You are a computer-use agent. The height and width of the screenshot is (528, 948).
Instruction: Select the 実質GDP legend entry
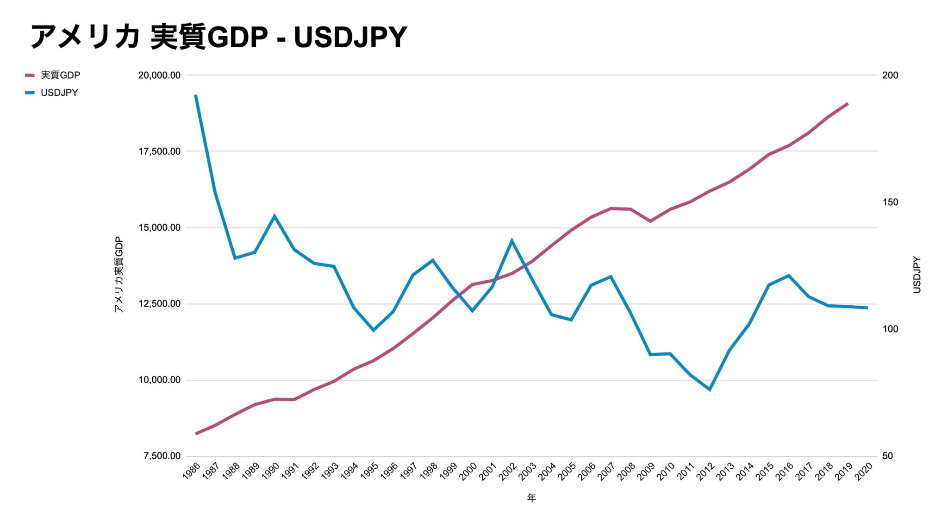[60, 75]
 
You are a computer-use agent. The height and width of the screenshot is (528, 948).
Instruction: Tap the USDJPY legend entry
[59, 93]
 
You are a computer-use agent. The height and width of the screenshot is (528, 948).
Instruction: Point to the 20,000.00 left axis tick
[159, 75]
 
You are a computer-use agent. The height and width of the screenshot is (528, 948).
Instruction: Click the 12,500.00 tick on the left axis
[159, 304]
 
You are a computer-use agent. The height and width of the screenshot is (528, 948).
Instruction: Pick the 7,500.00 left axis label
[162, 456]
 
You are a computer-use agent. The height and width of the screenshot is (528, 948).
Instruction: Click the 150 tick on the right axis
[890, 202]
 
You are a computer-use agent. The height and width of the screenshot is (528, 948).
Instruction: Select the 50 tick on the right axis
[887, 456]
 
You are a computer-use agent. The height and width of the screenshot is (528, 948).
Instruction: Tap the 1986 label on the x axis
[191, 471]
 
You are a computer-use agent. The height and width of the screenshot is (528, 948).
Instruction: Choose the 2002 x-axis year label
[507, 471]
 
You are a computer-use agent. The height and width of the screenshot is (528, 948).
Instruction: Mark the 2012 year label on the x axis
[705, 471]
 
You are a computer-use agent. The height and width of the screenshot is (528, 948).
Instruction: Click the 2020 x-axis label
[863, 471]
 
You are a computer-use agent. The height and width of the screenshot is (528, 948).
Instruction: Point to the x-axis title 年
[531, 498]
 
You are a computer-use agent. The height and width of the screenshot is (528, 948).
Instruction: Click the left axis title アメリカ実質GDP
[119, 274]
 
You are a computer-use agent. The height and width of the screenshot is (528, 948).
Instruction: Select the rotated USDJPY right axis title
[917, 274]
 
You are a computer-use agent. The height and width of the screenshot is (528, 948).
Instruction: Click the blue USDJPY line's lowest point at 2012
[710, 390]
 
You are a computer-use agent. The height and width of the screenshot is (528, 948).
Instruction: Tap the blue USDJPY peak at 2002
[512, 240]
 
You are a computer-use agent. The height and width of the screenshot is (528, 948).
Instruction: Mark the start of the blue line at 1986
[196, 95]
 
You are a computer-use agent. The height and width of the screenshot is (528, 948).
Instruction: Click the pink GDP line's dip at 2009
[650, 221]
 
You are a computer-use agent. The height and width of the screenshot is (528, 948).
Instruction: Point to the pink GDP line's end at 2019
[848, 104]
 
